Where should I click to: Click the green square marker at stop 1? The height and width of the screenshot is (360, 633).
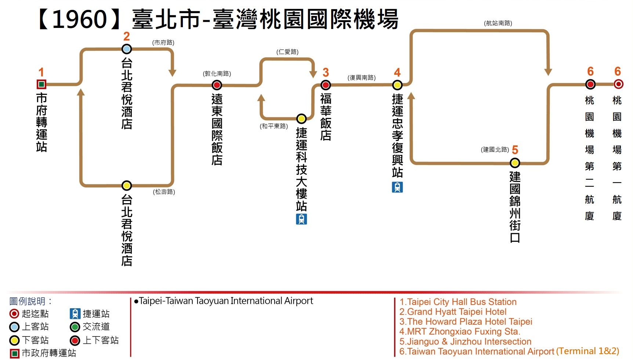[41, 84]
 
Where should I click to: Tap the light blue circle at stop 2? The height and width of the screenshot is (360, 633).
[127, 49]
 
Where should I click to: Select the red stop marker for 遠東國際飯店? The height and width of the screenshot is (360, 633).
[217, 85]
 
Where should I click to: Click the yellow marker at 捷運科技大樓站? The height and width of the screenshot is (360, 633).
[301, 119]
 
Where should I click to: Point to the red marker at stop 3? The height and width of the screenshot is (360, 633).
[326, 85]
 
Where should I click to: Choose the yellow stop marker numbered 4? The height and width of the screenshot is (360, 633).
[397, 85]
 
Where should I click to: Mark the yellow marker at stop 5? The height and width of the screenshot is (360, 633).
[515, 163]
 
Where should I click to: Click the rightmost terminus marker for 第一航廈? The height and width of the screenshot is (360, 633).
[618, 84]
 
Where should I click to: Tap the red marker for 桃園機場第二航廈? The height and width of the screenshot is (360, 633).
[590, 84]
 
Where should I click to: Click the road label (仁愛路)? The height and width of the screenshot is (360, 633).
[287, 52]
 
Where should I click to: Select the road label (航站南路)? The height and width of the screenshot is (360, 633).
[498, 23]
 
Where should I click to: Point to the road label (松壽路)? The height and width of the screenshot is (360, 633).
[164, 192]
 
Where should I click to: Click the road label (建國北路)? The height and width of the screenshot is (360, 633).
[495, 150]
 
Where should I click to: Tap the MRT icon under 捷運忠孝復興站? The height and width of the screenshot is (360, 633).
[397, 187]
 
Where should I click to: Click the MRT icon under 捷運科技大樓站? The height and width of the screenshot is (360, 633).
[301, 219]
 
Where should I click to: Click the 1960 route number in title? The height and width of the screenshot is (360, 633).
[80, 19]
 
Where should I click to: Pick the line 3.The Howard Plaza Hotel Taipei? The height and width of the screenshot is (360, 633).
[466, 322]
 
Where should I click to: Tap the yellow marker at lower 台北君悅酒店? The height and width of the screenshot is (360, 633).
[127, 186]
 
